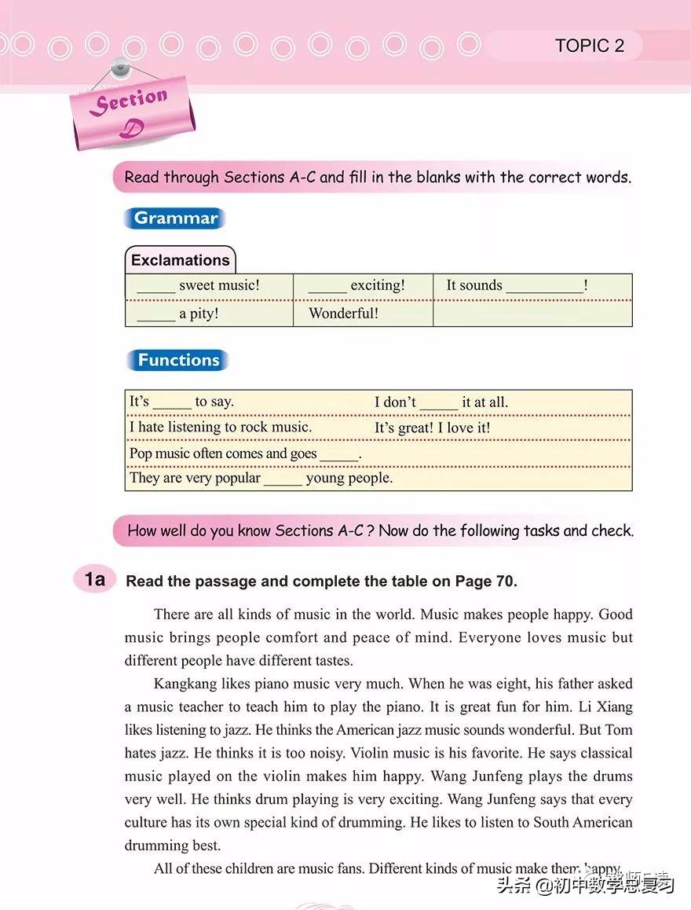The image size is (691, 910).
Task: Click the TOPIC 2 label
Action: pos(590,46)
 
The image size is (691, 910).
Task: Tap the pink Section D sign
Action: pos(132,112)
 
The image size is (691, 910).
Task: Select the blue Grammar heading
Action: pos(175,218)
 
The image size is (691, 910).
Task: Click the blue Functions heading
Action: pos(178,360)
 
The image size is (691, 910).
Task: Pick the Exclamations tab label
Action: pos(180,260)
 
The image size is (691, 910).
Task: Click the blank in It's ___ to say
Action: pos(172,404)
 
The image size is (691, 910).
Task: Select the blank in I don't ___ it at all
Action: pos(439,404)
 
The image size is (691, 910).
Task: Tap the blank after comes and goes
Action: pos(338,456)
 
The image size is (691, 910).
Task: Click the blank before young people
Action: pos(283,480)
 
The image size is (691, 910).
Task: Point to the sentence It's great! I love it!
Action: pos(432,427)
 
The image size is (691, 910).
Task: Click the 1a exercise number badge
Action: pos(95,580)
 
